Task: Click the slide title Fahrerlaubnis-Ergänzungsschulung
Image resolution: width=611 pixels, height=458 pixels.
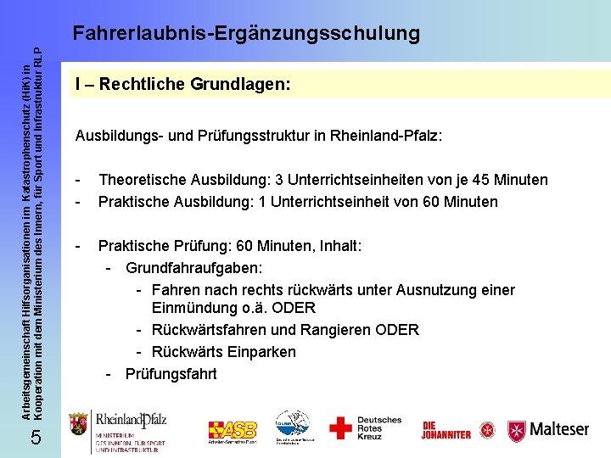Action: pyautogui.click(x=246, y=33)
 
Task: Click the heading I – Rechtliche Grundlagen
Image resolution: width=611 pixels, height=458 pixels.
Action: pyautogui.click(x=182, y=84)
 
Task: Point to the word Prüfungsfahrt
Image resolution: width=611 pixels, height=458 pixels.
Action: pyautogui.click(x=171, y=373)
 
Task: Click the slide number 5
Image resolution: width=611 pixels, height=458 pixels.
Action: pyautogui.click(x=35, y=437)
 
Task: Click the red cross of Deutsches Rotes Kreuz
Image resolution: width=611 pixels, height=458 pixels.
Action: pyautogui.click(x=340, y=427)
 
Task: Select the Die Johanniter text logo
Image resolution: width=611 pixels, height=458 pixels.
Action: pyautogui.click(x=446, y=430)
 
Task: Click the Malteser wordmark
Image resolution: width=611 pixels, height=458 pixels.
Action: pyautogui.click(x=559, y=429)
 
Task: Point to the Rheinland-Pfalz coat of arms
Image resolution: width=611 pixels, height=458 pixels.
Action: pyautogui.click(x=79, y=423)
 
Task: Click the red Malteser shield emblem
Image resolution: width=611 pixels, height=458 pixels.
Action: pyautogui.click(x=517, y=431)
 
